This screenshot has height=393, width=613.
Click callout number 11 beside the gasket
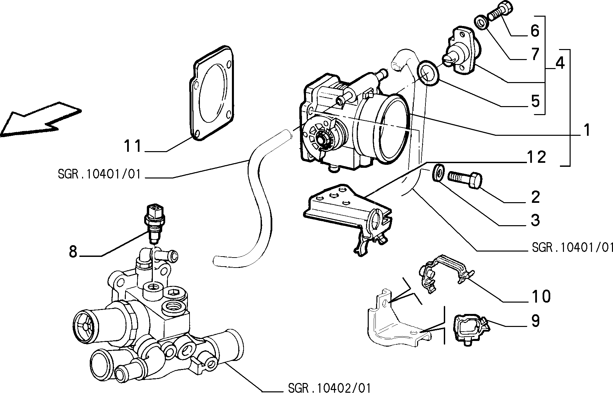(133, 146)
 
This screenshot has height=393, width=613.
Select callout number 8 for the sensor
(73, 252)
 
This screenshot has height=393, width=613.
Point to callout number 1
(586, 130)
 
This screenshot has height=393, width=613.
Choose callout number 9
(535, 321)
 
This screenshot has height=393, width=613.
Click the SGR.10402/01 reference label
(329, 388)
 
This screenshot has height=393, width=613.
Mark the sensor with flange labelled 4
(462, 53)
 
